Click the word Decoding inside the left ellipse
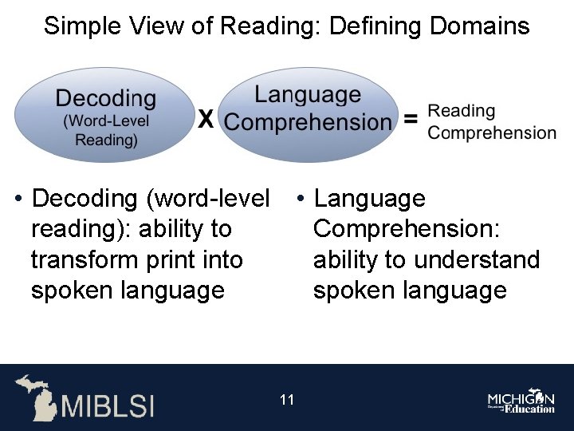pyautogui.click(x=106, y=100)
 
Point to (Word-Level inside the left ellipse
pyautogui.click(x=106, y=121)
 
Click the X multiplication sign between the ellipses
pyautogui.click(x=206, y=120)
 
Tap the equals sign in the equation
pyautogui.click(x=411, y=120)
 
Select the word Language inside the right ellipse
pyautogui.click(x=307, y=95)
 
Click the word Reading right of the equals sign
pyautogui.click(x=461, y=112)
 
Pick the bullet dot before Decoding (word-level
pyautogui.click(x=18, y=199)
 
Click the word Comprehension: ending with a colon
pyautogui.click(x=407, y=229)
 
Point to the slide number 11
pyautogui.click(x=287, y=399)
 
